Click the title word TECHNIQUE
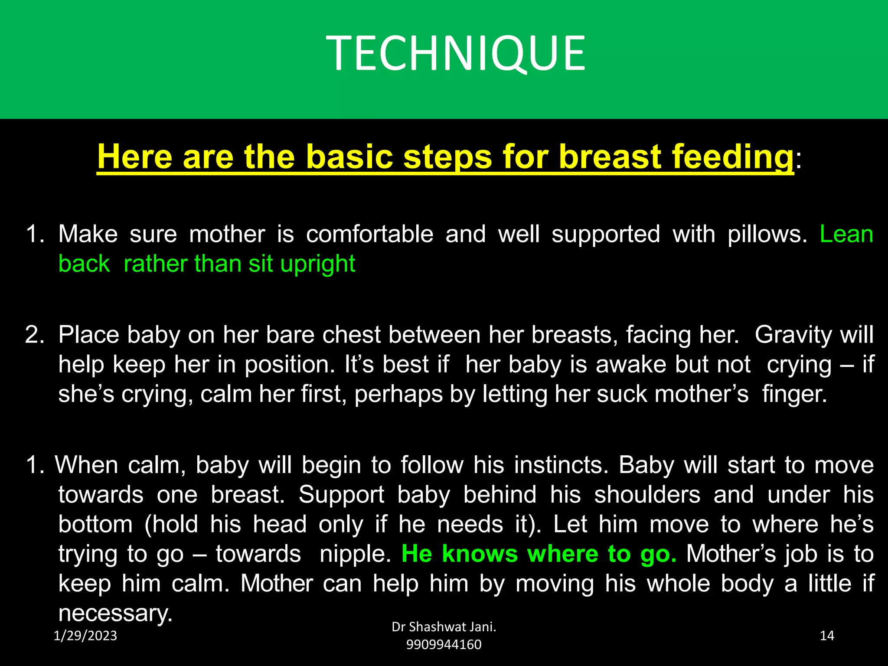(455, 53)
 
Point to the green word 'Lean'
(846, 235)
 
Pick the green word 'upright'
(318, 264)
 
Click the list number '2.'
(35, 335)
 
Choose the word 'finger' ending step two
(793, 394)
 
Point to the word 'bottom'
(95, 524)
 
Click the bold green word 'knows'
(480, 554)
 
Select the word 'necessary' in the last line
(115, 614)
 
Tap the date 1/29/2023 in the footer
(85, 636)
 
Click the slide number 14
(827, 636)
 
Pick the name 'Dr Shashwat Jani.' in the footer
(444, 627)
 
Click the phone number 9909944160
(444, 645)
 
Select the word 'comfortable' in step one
(369, 235)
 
